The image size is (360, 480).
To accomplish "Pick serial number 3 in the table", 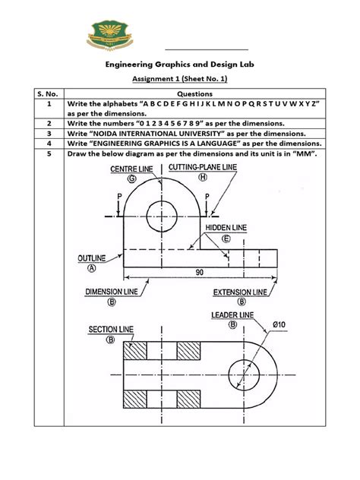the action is tap(48, 132).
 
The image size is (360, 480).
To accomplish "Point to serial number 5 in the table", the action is tap(48, 153).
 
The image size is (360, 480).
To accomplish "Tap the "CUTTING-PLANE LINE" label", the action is tap(204, 166).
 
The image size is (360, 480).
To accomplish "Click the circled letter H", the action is tap(203, 177).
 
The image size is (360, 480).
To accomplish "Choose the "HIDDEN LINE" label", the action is tap(226, 227).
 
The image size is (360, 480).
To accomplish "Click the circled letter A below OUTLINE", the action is tap(91, 268).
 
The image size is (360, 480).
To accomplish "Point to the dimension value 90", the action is tap(199, 272).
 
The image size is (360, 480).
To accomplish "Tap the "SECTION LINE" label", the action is tap(111, 329).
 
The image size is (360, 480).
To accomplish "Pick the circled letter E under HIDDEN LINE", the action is tap(226, 238).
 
